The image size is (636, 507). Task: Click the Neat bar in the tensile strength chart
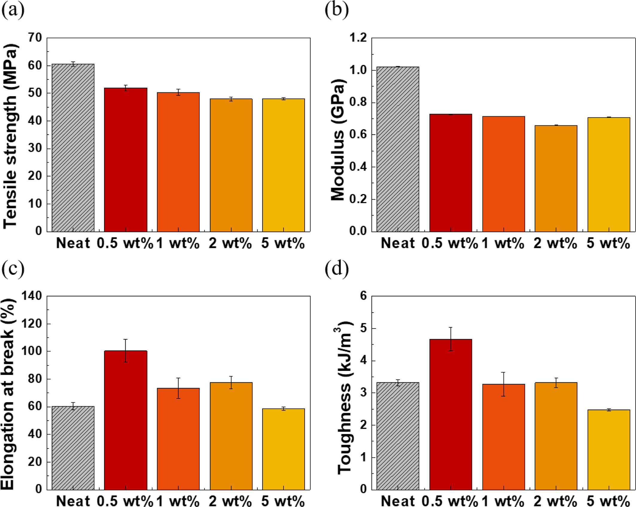click(73, 148)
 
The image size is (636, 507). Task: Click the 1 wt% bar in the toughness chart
click(503, 437)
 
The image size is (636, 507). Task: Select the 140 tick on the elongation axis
click(31, 296)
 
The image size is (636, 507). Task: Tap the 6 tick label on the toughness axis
click(363, 296)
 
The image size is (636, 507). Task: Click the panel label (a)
click(13, 11)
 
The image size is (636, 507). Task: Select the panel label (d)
click(337, 269)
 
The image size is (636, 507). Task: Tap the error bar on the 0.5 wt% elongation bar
click(126, 351)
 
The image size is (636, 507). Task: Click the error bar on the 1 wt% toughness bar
click(503, 384)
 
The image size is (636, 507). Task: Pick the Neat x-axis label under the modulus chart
click(398, 243)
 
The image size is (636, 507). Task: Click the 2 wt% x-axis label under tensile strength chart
click(230, 243)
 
